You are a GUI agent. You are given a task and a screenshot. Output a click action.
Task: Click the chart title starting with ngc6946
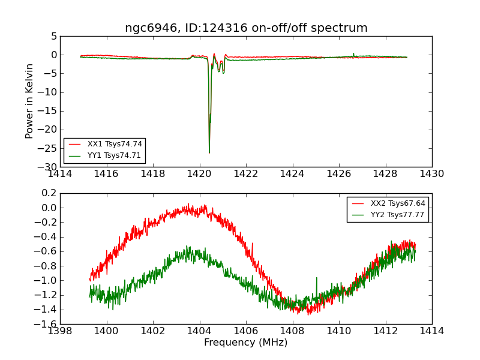tap(246, 28)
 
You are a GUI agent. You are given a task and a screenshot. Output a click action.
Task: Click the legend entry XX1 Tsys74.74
tap(115, 144)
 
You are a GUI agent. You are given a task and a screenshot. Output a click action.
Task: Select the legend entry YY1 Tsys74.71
tap(115, 155)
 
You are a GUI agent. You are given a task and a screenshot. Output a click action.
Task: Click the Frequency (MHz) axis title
tap(246, 343)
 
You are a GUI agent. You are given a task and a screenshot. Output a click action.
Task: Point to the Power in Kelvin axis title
tap(29, 101)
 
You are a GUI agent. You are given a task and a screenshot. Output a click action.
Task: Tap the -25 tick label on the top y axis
tap(49, 148)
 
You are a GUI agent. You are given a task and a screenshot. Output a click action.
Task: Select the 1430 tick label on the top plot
tap(432, 174)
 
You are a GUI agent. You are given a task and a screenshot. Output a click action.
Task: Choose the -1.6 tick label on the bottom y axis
tap(47, 324)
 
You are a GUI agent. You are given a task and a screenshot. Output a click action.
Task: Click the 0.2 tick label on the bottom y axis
tap(49, 193)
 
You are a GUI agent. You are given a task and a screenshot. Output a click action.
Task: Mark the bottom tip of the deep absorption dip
tap(209, 153)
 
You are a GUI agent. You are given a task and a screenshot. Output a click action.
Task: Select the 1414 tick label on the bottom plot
tap(432, 331)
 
